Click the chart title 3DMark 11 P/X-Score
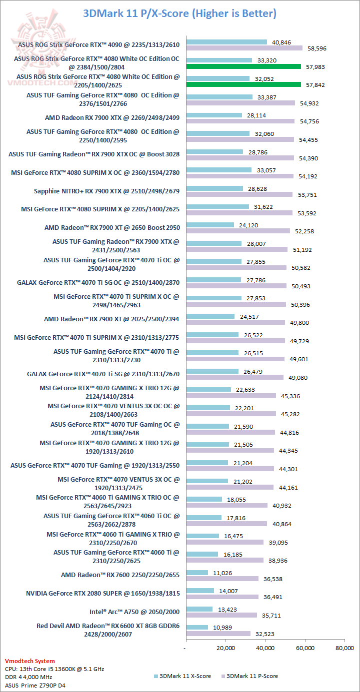coord(179,13)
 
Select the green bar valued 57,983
coord(243,66)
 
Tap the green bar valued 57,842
coord(243,85)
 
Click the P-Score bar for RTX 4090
coord(244,48)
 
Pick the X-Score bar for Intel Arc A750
coord(199,609)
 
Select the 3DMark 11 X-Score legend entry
coord(182,676)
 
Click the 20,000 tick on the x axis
coord(225,648)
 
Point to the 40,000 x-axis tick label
coord(265,648)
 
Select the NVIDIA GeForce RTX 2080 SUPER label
coord(102,593)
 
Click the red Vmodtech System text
coord(29,661)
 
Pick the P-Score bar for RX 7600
coord(222,579)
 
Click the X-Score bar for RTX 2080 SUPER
coord(199,590)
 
